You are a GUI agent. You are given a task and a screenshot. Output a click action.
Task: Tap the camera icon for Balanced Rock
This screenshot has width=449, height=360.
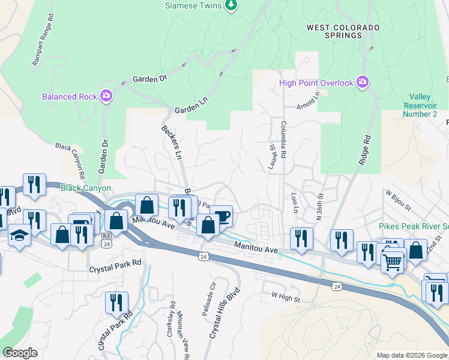106,96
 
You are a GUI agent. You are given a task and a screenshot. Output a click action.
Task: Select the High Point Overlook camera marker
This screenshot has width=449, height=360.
362,82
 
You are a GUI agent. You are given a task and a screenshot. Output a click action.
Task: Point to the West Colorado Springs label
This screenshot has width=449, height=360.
343,31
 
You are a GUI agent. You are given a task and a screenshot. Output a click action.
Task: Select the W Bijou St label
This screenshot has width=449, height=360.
399,201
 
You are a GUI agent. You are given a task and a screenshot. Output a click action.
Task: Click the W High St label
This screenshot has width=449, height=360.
286,296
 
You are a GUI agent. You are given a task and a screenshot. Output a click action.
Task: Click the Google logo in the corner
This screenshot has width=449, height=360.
20,353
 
